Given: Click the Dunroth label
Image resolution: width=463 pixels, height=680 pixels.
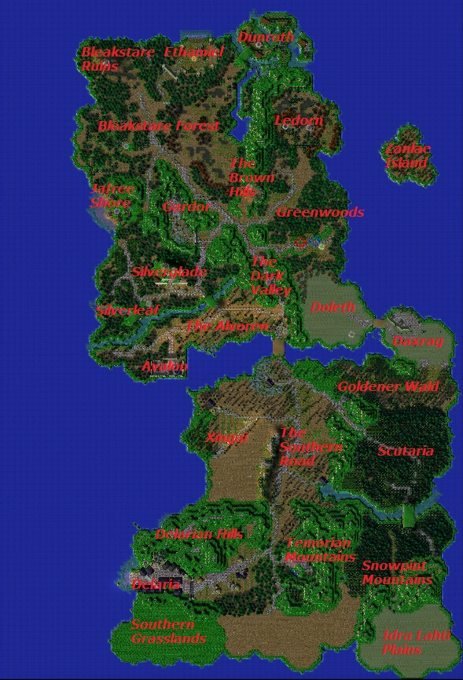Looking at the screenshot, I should tap(266, 37).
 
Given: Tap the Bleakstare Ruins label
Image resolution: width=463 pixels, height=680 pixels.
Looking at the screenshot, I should tap(110, 60).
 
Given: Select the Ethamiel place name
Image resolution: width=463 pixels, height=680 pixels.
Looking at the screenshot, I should tap(193, 53).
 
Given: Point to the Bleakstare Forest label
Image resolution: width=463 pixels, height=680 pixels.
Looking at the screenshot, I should tap(158, 126).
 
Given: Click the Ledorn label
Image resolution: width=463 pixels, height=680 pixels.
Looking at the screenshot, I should tap(298, 121).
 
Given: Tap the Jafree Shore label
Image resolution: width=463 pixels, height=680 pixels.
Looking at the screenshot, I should tap(112, 196).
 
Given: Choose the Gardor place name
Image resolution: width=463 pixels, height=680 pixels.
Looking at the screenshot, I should tap(186, 207).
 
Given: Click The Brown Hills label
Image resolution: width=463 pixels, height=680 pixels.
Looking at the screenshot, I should tap(251, 177).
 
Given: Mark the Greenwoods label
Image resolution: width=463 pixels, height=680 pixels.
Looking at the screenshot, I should tap(319, 212).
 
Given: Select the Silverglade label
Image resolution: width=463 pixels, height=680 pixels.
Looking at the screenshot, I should tap(169, 272).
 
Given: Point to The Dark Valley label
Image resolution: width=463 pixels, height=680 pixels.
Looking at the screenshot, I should tap(270, 276).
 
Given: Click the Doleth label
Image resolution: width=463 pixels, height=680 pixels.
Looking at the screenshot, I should tap(333, 307).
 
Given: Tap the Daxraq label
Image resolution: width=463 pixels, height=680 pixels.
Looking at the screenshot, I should tap(417, 342).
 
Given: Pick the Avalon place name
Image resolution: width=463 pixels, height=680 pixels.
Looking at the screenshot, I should tap(164, 367).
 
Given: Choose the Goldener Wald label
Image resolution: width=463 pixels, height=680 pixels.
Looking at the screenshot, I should tap(388, 386).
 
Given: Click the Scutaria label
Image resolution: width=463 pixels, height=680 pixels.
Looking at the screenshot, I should tap(405, 452).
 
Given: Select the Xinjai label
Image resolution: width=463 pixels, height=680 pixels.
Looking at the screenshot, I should tap(226, 438).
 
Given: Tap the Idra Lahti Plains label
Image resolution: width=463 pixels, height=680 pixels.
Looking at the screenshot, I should tap(416, 642).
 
